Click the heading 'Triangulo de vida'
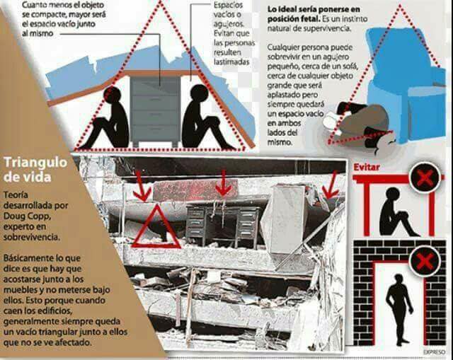click(35, 168)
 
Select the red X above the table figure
click(425, 178)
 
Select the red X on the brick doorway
click(425, 260)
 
